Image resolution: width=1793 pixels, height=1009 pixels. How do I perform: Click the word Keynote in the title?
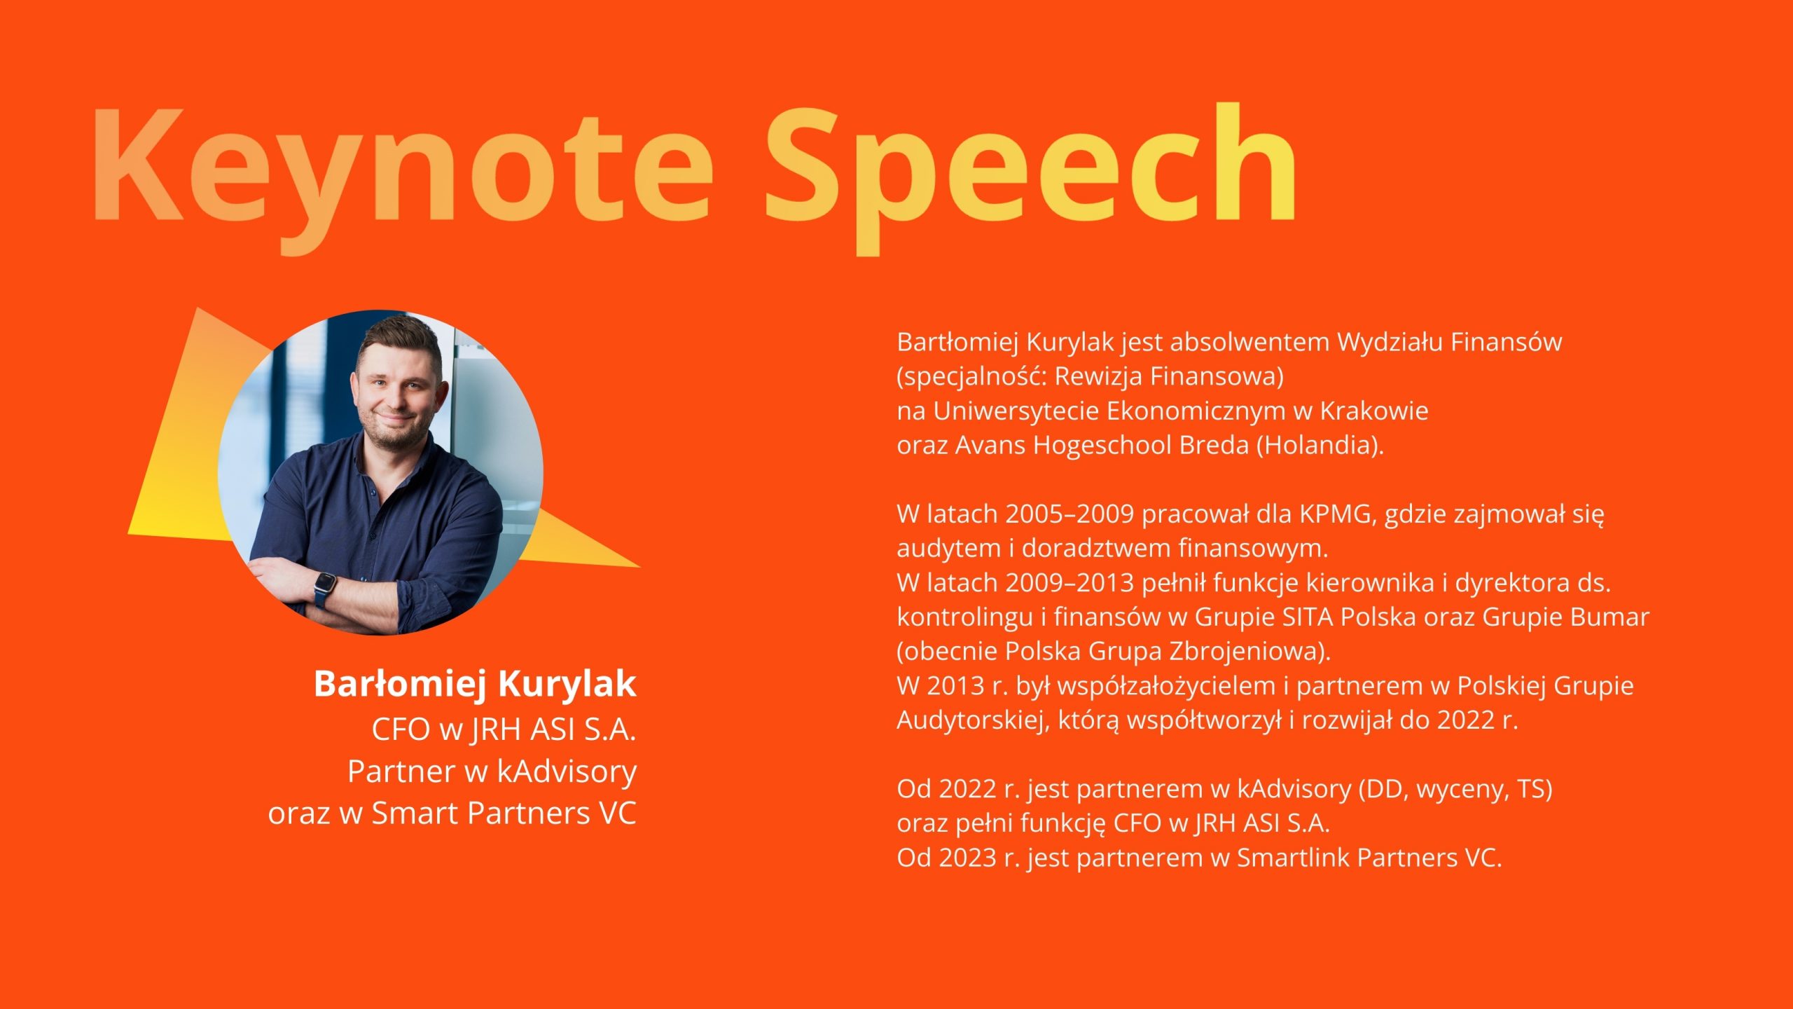click(x=402, y=168)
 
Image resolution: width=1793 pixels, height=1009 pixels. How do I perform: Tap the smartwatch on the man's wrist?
click(x=324, y=589)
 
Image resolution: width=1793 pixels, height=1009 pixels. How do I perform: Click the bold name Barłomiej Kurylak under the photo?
click(x=475, y=684)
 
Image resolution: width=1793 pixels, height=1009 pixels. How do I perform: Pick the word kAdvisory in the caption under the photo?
click(x=567, y=772)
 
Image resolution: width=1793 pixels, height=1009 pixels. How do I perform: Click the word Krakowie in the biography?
click(x=1374, y=411)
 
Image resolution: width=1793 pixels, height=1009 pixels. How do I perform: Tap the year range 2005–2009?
click(x=1069, y=514)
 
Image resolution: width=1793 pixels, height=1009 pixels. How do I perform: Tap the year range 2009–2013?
click(x=1069, y=583)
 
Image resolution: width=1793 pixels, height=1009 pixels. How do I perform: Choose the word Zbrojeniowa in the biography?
click(x=1250, y=652)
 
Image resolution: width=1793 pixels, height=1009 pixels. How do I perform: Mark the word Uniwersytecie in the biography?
click(x=1016, y=411)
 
